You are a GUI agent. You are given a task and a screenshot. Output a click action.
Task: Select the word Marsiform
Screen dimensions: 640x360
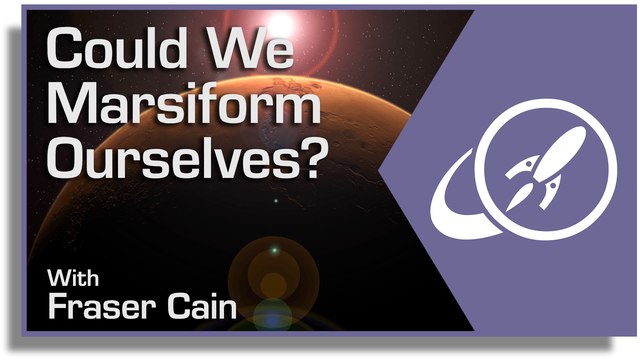[184, 103]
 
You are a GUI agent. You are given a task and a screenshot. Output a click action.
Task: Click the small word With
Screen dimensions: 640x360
[73, 278]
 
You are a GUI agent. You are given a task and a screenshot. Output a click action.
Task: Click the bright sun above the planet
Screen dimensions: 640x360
[281, 23]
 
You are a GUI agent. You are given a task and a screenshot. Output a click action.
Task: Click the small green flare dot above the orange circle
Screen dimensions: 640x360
[275, 250]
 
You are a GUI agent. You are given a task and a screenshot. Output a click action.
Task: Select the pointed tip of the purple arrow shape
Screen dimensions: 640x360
[380, 171]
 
